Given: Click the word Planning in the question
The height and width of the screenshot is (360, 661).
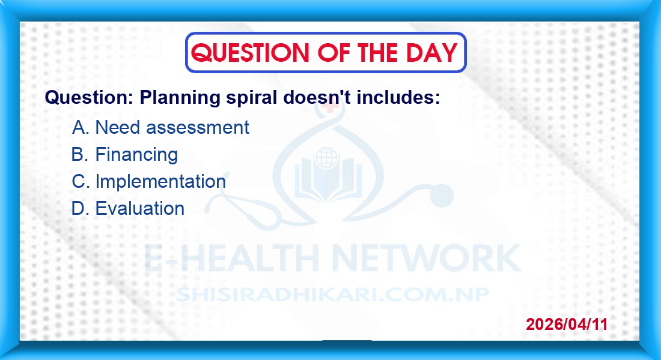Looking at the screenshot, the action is [x=180, y=98].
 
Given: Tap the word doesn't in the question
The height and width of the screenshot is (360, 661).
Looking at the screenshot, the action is [x=317, y=97].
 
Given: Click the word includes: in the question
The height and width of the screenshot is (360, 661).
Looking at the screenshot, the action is [x=398, y=97].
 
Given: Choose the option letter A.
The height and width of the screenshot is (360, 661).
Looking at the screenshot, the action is [x=80, y=127].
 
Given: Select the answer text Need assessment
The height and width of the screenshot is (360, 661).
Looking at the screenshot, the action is [x=172, y=127].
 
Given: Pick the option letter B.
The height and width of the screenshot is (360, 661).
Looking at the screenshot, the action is [x=80, y=154].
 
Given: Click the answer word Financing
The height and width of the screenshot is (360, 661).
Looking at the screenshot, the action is [x=136, y=155].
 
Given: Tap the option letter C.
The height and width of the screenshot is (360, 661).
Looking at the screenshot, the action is [x=81, y=181].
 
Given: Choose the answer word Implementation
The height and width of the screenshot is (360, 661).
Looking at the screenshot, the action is [x=160, y=182].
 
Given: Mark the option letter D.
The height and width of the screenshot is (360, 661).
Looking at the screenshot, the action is [x=80, y=208].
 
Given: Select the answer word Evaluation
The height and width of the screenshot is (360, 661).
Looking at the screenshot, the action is [x=140, y=208].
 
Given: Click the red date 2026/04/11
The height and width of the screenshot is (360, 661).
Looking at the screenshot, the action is [x=567, y=324].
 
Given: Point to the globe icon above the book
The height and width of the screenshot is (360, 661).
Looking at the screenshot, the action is [x=327, y=158].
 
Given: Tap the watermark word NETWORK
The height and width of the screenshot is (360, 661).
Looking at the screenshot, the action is [x=427, y=258].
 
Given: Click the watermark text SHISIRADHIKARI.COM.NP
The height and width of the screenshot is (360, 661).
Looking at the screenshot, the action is [x=333, y=295].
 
